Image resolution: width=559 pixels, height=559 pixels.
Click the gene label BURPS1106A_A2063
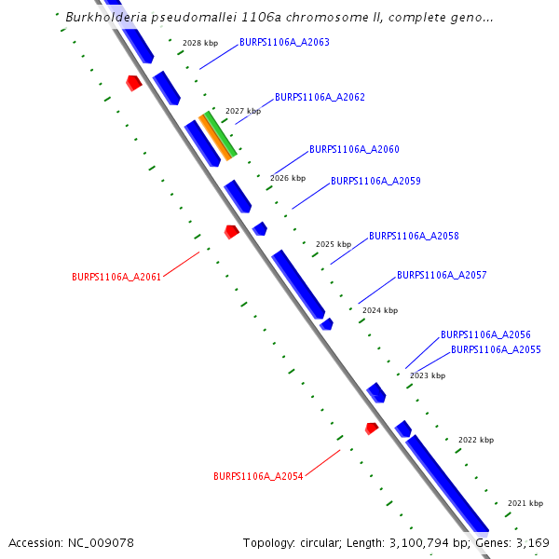click(x=284, y=43)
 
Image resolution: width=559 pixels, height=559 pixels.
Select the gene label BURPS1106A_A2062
click(x=320, y=97)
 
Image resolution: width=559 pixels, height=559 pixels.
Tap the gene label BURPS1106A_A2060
click(x=354, y=149)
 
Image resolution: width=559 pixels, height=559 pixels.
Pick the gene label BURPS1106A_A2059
click(x=375, y=181)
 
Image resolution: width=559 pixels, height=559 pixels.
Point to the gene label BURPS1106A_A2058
click(x=414, y=237)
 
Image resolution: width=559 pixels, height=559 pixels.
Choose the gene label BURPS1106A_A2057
click(x=442, y=276)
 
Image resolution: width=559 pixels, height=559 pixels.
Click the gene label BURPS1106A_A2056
click(x=485, y=334)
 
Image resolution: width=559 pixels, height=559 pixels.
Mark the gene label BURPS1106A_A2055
click(x=496, y=350)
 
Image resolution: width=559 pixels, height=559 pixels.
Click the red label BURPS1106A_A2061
click(x=116, y=277)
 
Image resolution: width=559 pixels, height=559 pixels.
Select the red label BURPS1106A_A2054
click(x=258, y=476)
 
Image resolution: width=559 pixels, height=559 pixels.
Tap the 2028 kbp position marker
click(x=199, y=44)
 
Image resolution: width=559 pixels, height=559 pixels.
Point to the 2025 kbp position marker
click(x=333, y=244)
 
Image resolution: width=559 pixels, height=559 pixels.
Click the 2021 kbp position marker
click(x=525, y=503)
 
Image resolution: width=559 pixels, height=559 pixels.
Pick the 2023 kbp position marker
click(x=428, y=375)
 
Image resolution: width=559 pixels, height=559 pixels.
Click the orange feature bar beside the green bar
click(x=213, y=139)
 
